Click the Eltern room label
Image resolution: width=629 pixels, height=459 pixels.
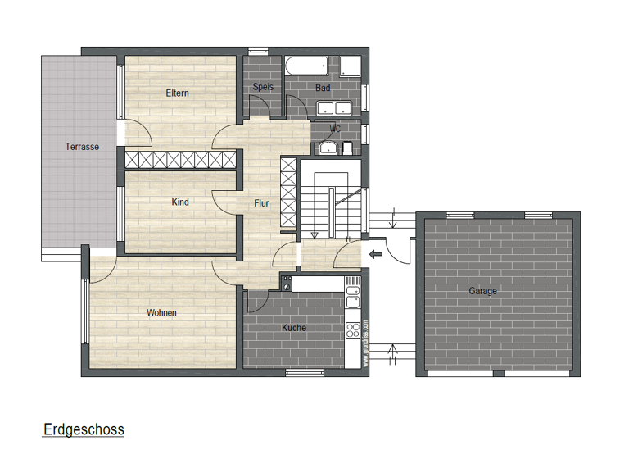(177, 93)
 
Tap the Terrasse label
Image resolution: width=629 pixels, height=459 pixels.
(82, 147)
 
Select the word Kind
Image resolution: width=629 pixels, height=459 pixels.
(180, 202)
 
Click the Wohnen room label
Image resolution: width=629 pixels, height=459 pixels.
(161, 312)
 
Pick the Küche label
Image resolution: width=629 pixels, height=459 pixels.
(293, 328)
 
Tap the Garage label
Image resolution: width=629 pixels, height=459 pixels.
(482, 291)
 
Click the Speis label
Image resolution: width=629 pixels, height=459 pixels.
(262, 86)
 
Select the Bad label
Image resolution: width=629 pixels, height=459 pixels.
(323, 86)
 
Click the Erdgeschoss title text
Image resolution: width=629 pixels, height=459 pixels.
(83, 429)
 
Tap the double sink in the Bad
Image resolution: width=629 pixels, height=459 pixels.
(333, 107)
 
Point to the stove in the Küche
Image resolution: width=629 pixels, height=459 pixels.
(354, 329)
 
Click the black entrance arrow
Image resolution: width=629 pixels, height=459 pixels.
(376, 254)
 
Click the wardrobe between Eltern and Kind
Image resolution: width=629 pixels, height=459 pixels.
(180, 159)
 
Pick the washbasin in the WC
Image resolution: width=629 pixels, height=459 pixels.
(327, 148)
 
